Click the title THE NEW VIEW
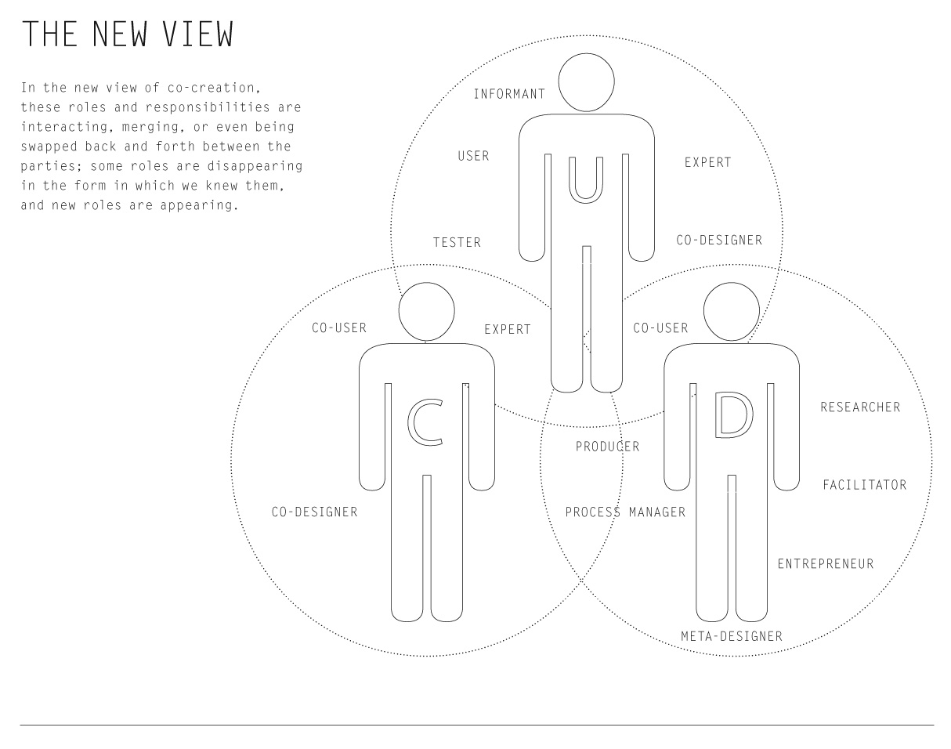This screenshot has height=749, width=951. coord(128,34)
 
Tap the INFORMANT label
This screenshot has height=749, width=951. coord(509,94)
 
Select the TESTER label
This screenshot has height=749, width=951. coord(457,242)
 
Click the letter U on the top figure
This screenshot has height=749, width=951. coord(586,180)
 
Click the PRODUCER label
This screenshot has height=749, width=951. coord(607,447)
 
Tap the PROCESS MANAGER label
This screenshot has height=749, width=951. coord(625,512)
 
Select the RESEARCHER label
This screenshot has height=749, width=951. coord(860,407)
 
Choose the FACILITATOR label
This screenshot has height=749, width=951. coord(864,485)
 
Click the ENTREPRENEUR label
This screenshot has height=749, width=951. coord(826,564)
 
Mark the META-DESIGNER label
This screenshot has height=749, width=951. coord(732,636)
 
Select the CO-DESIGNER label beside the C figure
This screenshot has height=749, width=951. coord(314,512)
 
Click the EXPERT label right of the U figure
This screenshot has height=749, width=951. coord(707,163)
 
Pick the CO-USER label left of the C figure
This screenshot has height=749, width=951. coord(339,328)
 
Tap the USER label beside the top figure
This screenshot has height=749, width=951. coord(473,156)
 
